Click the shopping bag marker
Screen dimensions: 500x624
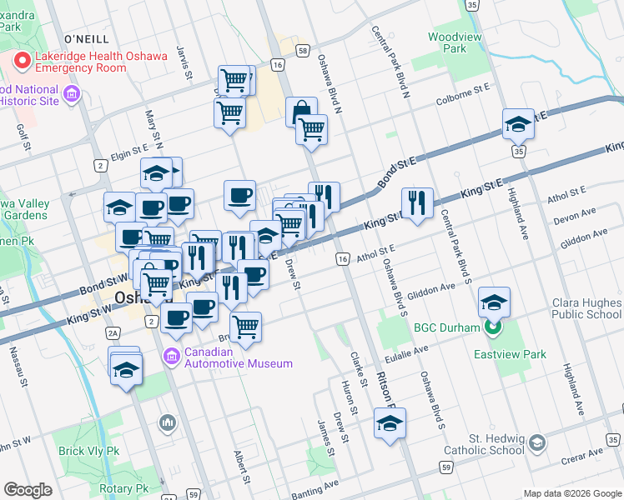coord(301,111)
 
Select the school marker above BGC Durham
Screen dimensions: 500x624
coord(495,302)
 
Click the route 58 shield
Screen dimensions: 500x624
coord(302,51)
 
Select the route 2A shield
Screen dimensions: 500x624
coord(114,333)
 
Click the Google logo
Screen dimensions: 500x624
coord(28,490)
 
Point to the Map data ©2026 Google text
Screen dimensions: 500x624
coord(571,493)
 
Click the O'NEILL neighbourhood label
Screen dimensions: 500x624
coord(87,39)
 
